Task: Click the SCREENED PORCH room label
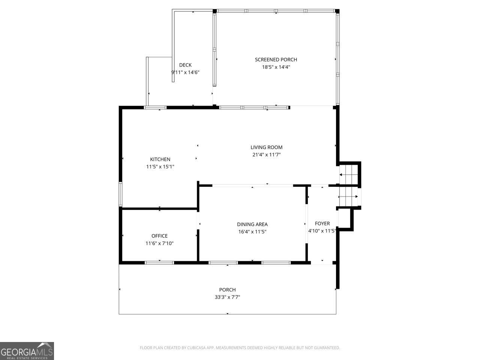click(x=276, y=60)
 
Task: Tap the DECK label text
click(x=185, y=65)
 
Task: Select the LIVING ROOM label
click(x=266, y=147)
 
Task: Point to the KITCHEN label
click(x=160, y=159)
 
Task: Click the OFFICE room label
click(x=159, y=236)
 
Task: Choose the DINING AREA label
click(x=252, y=224)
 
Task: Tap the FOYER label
click(x=322, y=223)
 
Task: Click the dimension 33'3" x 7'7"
click(x=227, y=297)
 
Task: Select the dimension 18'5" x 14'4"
click(x=276, y=67)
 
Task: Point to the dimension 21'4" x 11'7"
click(x=266, y=154)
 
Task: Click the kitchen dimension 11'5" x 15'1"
click(x=160, y=166)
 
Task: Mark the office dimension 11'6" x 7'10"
click(x=159, y=243)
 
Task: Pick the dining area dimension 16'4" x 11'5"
click(x=252, y=231)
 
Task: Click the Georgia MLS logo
click(x=27, y=351)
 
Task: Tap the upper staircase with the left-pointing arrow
click(x=349, y=175)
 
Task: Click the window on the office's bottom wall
click(x=159, y=262)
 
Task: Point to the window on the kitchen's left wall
click(x=120, y=194)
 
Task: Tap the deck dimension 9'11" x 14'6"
click(x=185, y=72)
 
